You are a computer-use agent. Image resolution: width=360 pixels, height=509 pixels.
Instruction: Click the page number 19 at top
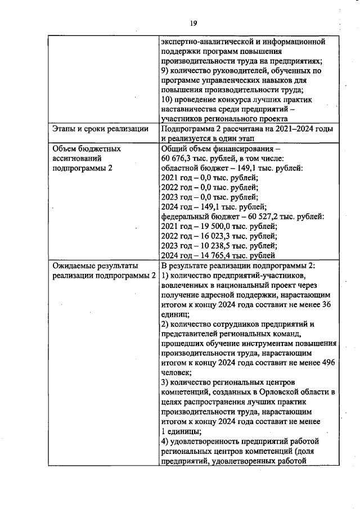(193, 23)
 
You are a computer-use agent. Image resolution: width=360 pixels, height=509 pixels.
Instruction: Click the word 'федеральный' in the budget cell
(185, 216)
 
